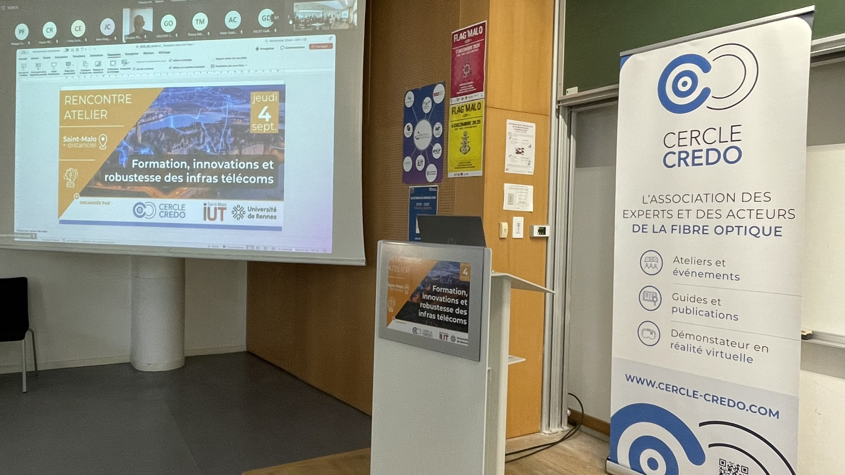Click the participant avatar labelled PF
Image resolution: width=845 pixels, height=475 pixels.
click(x=21, y=32)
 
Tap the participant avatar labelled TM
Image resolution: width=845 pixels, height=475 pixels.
click(x=199, y=22)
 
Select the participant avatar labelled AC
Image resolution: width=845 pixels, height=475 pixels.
click(x=232, y=20)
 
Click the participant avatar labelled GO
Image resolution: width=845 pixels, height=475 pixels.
click(x=168, y=24)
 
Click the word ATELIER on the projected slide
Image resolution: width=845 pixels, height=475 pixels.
click(x=85, y=115)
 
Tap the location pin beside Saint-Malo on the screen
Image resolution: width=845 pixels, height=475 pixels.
click(x=103, y=141)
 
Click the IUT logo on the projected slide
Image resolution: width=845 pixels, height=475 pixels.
click(x=214, y=212)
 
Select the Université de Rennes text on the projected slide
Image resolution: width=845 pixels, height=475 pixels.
click(x=262, y=213)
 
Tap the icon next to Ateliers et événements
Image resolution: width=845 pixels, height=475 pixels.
click(x=651, y=263)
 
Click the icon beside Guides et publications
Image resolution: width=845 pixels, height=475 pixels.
click(x=650, y=298)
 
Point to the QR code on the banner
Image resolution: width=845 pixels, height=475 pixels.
click(x=733, y=467)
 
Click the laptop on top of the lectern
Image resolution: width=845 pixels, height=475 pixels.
click(x=451, y=230)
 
